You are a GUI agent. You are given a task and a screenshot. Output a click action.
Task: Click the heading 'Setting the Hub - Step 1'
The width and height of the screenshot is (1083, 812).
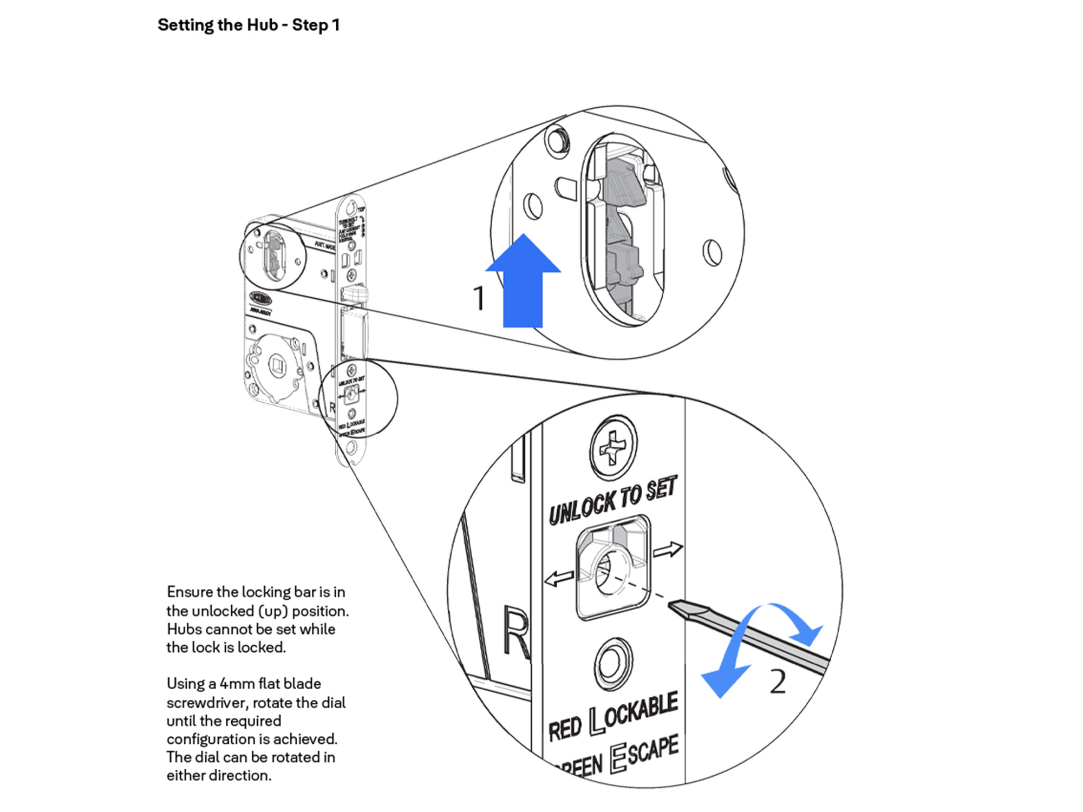(x=249, y=25)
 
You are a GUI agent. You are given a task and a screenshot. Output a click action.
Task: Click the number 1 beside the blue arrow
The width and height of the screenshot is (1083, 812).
(x=479, y=298)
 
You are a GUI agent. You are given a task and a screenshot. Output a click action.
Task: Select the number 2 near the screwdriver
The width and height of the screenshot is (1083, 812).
(x=778, y=682)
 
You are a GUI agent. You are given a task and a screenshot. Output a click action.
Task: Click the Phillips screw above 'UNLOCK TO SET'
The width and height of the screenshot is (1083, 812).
(x=613, y=447)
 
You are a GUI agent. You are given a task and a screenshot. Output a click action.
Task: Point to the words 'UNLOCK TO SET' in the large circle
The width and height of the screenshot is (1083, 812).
(x=613, y=501)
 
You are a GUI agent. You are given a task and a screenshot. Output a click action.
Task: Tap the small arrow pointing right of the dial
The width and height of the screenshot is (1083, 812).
(x=668, y=550)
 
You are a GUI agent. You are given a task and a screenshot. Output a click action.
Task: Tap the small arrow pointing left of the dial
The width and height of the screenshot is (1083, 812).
(x=559, y=579)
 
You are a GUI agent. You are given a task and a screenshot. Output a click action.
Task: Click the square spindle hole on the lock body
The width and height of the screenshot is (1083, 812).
(x=277, y=365)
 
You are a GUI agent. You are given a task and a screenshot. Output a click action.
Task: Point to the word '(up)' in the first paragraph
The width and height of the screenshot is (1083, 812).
(x=273, y=611)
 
